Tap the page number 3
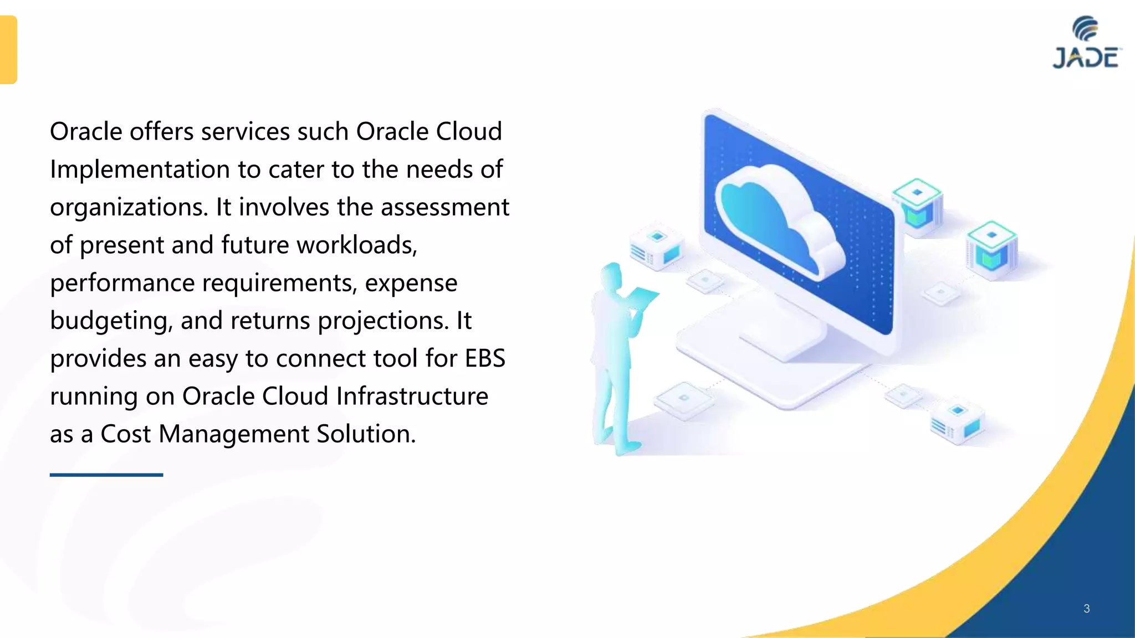click(1086, 609)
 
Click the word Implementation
click(140, 169)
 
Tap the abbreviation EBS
click(485, 358)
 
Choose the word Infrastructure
click(412, 397)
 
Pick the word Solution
click(366, 434)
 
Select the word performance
click(122, 284)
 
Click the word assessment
click(444, 208)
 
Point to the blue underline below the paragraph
click(106, 475)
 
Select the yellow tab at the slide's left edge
click(8, 50)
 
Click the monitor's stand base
click(776, 360)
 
